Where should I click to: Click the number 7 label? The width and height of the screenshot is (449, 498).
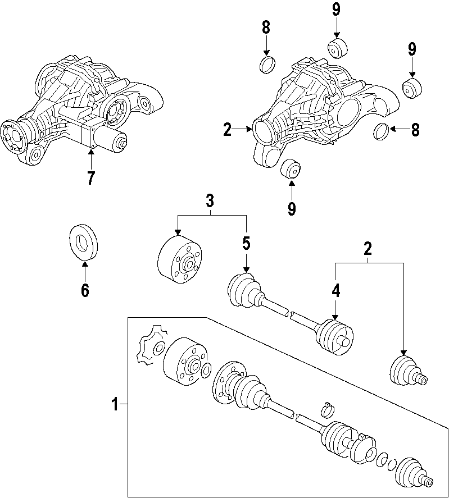click(x=90, y=177)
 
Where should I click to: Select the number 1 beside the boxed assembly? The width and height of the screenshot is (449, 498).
click(x=115, y=404)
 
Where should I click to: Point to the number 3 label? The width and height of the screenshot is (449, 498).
click(x=210, y=200)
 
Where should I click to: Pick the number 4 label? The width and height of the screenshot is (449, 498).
click(x=335, y=290)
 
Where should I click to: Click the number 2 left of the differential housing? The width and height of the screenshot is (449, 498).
click(x=227, y=130)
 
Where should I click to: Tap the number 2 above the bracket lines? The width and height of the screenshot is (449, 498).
click(x=368, y=248)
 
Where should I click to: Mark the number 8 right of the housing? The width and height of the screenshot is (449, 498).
click(x=415, y=130)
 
